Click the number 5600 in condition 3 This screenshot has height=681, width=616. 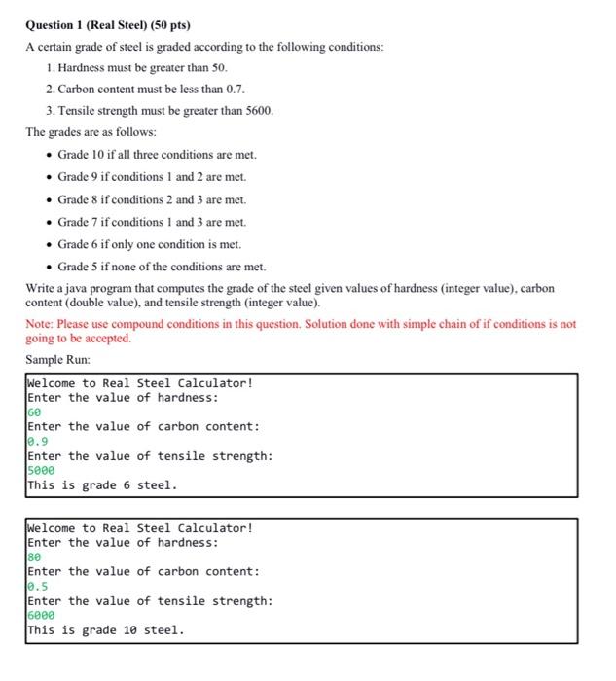point(258,111)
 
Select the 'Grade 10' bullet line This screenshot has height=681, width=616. point(157,155)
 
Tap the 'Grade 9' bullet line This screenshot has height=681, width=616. point(152,177)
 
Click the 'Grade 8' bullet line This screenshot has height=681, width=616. point(152,199)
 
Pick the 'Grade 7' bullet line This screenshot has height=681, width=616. point(152,222)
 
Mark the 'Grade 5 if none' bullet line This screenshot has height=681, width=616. point(162,267)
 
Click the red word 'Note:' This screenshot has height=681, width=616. point(40,324)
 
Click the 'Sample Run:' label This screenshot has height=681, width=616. point(57,360)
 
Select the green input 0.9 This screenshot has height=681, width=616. point(37,442)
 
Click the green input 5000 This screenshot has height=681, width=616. point(41,471)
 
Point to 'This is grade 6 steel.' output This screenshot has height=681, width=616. point(102,484)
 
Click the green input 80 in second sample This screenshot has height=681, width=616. point(34,557)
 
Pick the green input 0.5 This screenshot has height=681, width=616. point(37,587)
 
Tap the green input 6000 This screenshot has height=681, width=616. point(41,616)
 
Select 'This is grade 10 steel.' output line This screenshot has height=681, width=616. point(105,629)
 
